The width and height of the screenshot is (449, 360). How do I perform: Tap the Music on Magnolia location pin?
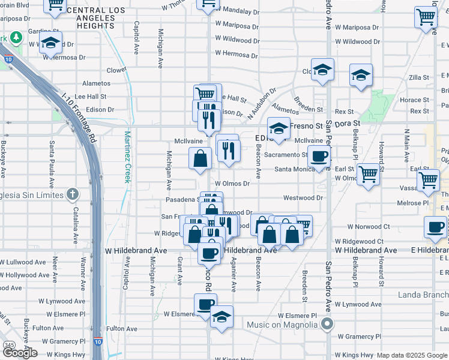coord(327,325)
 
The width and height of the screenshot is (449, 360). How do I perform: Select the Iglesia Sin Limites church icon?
coord(72,194)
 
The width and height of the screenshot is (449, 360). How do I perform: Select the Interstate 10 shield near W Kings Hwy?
coord(98,342)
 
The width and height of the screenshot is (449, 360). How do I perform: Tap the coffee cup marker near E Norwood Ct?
coord(435,227)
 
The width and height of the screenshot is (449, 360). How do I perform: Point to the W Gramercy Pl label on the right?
coord(359,337)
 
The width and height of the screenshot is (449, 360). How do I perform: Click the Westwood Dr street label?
coord(303,197)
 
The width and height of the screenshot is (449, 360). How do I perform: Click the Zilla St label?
coord(418,77)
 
